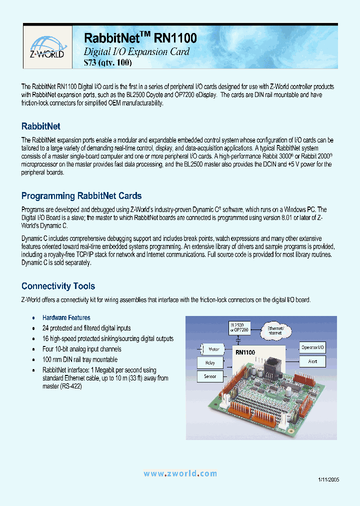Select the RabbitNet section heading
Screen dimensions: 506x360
[x=40, y=126]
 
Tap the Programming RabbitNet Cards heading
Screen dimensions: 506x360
[x=81, y=196]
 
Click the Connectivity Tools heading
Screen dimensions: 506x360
[x=58, y=286]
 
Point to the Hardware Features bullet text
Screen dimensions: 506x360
[x=66, y=317]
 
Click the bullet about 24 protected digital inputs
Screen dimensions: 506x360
[x=86, y=328]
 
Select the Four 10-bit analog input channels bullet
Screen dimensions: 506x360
[x=82, y=349]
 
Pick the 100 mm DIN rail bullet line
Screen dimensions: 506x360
[x=80, y=359]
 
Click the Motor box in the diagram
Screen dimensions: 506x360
[x=213, y=349]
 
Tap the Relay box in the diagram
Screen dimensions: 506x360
[x=210, y=362]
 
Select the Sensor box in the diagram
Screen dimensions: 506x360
[x=210, y=375]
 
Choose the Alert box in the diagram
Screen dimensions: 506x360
[x=313, y=361]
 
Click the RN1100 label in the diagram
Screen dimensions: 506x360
[x=245, y=352]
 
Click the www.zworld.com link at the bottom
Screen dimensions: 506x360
[x=180, y=473]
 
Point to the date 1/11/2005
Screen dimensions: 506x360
[x=328, y=479]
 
